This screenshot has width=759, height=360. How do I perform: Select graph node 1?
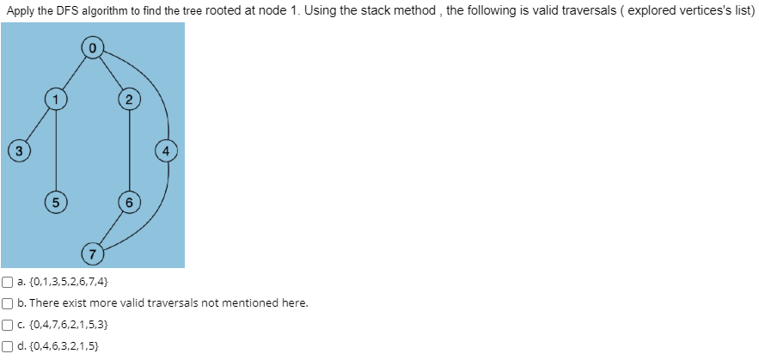(57, 100)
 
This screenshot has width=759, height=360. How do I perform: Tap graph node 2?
(129, 100)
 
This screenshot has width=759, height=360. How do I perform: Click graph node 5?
(56, 204)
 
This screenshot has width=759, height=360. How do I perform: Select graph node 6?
(129, 204)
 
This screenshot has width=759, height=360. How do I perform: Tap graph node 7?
(92, 253)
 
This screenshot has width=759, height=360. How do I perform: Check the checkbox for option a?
(7, 281)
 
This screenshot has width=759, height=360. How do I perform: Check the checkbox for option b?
(7, 303)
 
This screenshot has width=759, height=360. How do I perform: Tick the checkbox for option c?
(7, 326)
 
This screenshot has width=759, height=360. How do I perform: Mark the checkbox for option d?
(7, 348)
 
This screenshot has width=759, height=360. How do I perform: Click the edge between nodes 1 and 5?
(57, 151)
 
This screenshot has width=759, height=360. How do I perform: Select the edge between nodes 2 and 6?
(129, 151)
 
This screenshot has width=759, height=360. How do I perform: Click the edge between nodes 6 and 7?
(111, 229)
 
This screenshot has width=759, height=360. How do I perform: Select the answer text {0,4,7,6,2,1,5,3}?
(67, 326)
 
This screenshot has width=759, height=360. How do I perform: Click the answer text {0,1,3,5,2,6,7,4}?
(67, 281)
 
